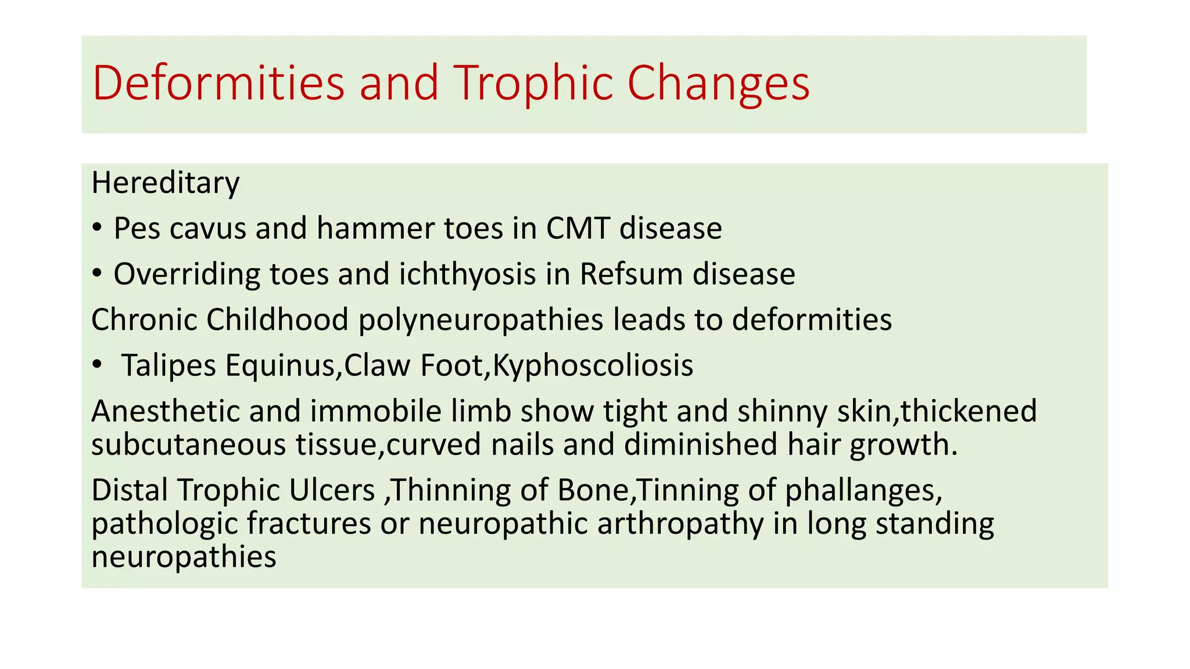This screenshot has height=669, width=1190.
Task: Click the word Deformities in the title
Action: point(218,83)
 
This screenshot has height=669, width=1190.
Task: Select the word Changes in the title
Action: point(718,83)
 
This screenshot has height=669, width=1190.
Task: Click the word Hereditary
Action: point(166,184)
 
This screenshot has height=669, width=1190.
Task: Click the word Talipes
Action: point(169,366)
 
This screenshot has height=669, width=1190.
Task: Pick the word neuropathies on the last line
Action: point(184,557)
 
